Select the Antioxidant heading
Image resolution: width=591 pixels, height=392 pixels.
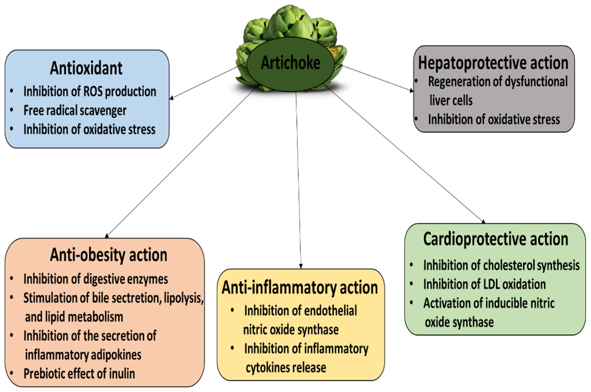click(86, 68)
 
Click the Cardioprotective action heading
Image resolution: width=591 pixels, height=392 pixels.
click(496, 239)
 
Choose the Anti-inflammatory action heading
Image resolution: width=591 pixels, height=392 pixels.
click(300, 288)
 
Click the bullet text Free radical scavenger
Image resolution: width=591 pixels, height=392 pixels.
click(75, 110)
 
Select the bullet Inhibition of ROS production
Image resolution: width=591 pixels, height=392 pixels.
click(90, 91)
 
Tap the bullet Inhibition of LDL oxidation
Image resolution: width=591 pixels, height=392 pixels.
click(484, 284)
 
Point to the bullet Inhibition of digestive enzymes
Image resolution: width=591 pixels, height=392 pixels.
click(95, 279)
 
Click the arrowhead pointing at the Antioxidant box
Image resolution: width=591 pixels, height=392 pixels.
click(171, 98)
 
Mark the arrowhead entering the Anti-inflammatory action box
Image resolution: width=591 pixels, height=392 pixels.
click(301, 267)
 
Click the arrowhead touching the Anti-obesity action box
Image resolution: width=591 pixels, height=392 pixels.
click(107, 236)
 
